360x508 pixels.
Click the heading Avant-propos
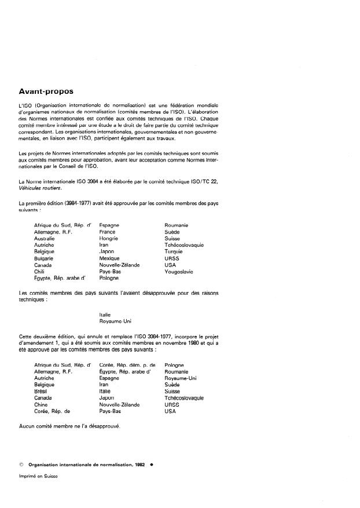coord(46,91)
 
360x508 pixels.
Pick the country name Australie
coord(45,238)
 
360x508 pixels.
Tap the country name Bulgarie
coord(44,258)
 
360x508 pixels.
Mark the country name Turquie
coord(173,251)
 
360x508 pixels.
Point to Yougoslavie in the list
coord(179,272)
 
